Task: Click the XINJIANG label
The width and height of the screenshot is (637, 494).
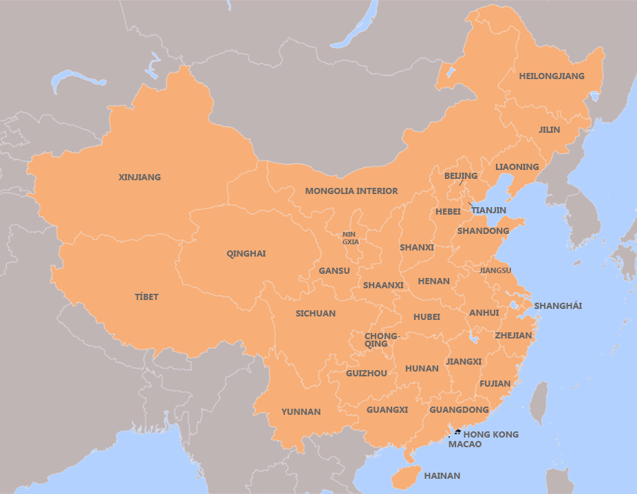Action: [x=140, y=178]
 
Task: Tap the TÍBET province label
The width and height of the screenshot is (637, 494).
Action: [x=147, y=297]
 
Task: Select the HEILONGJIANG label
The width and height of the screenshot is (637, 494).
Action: [x=552, y=76]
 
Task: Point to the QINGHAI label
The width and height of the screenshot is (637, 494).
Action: [x=246, y=254]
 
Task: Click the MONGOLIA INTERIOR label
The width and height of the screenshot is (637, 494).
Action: [x=351, y=191]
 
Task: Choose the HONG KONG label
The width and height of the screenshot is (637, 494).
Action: [x=490, y=435]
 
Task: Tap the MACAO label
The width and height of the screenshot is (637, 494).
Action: [x=464, y=445]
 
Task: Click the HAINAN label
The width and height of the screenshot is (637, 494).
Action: [x=442, y=476]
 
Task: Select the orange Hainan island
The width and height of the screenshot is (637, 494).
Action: [x=406, y=477]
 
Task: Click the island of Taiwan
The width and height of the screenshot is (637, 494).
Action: [x=541, y=402]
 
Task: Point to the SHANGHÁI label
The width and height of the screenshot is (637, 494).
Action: [x=558, y=306]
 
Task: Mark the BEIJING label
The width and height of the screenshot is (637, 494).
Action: [x=460, y=176]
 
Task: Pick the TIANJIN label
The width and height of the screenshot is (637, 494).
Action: [x=488, y=211]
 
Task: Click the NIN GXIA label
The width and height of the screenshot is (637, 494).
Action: [x=350, y=239]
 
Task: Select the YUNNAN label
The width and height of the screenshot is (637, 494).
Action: [x=301, y=412]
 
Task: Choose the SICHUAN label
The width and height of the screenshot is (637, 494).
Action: [x=315, y=314]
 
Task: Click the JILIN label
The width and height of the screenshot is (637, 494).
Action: [x=549, y=130]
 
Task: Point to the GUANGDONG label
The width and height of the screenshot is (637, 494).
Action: [x=459, y=410]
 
